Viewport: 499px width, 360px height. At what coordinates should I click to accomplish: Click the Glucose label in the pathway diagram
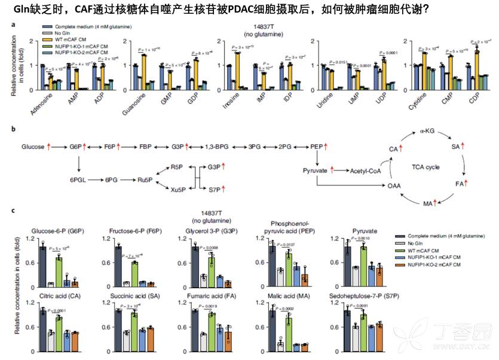33,147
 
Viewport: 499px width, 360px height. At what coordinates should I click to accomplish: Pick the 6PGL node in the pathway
79,179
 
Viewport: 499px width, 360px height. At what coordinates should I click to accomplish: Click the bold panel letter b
14,129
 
